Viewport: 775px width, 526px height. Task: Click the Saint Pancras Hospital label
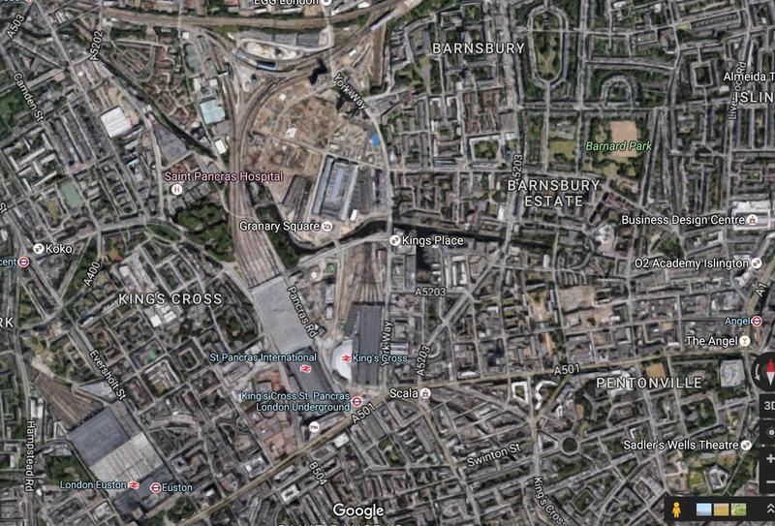(x=223, y=176)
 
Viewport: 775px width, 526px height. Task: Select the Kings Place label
(x=432, y=240)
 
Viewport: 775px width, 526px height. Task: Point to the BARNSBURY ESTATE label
(x=554, y=193)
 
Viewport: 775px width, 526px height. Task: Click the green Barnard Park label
(x=618, y=146)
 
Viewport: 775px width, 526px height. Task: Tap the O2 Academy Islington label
(x=691, y=263)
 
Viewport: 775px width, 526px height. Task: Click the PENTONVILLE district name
(x=649, y=384)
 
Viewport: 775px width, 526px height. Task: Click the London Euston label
(x=92, y=484)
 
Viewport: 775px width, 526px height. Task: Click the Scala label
(x=402, y=393)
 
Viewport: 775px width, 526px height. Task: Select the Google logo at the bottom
(x=358, y=511)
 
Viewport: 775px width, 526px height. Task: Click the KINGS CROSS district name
(x=170, y=299)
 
